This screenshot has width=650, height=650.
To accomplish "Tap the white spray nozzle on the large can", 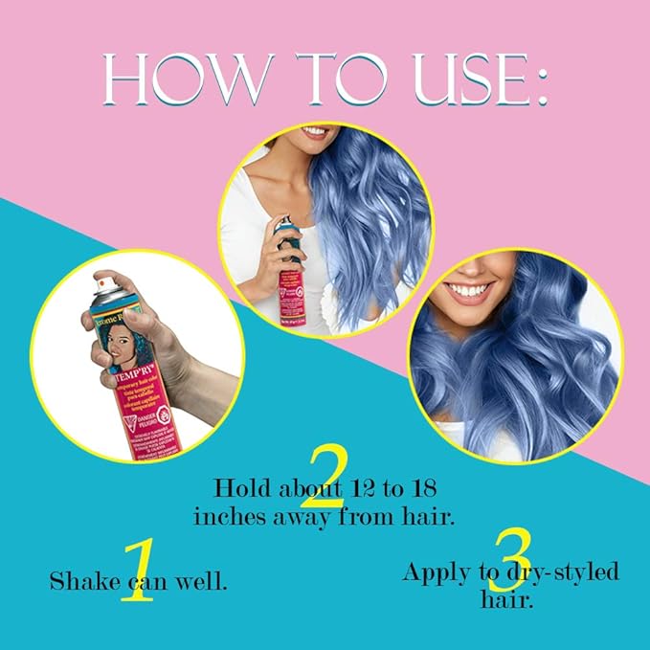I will tap(108, 283).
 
